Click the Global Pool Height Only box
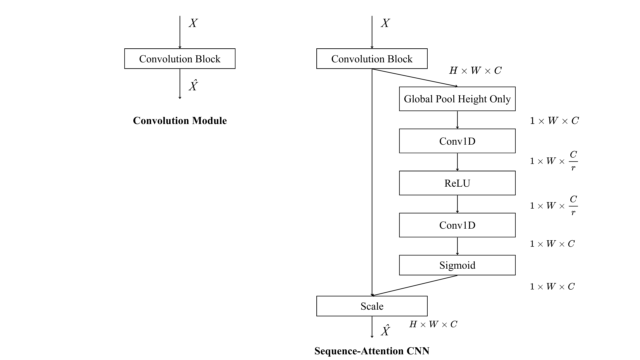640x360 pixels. [457, 99]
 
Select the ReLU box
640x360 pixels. [457, 183]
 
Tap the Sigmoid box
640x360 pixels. [457, 265]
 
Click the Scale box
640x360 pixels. [372, 306]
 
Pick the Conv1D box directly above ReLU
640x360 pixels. [457, 141]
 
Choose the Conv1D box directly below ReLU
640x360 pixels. [457, 225]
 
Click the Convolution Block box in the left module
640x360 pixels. [180, 59]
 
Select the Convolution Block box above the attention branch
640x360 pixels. [372, 59]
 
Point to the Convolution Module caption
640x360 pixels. [180, 121]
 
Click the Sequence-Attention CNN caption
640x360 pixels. [372, 351]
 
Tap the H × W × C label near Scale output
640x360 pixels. [433, 324]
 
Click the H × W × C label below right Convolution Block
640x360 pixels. [475, 71]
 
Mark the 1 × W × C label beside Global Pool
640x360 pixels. [554, 121]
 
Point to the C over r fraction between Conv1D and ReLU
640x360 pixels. [573, 161]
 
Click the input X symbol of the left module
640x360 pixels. [193, 23]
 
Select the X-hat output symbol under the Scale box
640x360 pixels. [385, 331]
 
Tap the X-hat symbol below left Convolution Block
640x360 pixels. [193, 86]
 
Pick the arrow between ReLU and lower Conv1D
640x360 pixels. [457, 204]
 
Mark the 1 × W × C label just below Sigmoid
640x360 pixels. [552, 287]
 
